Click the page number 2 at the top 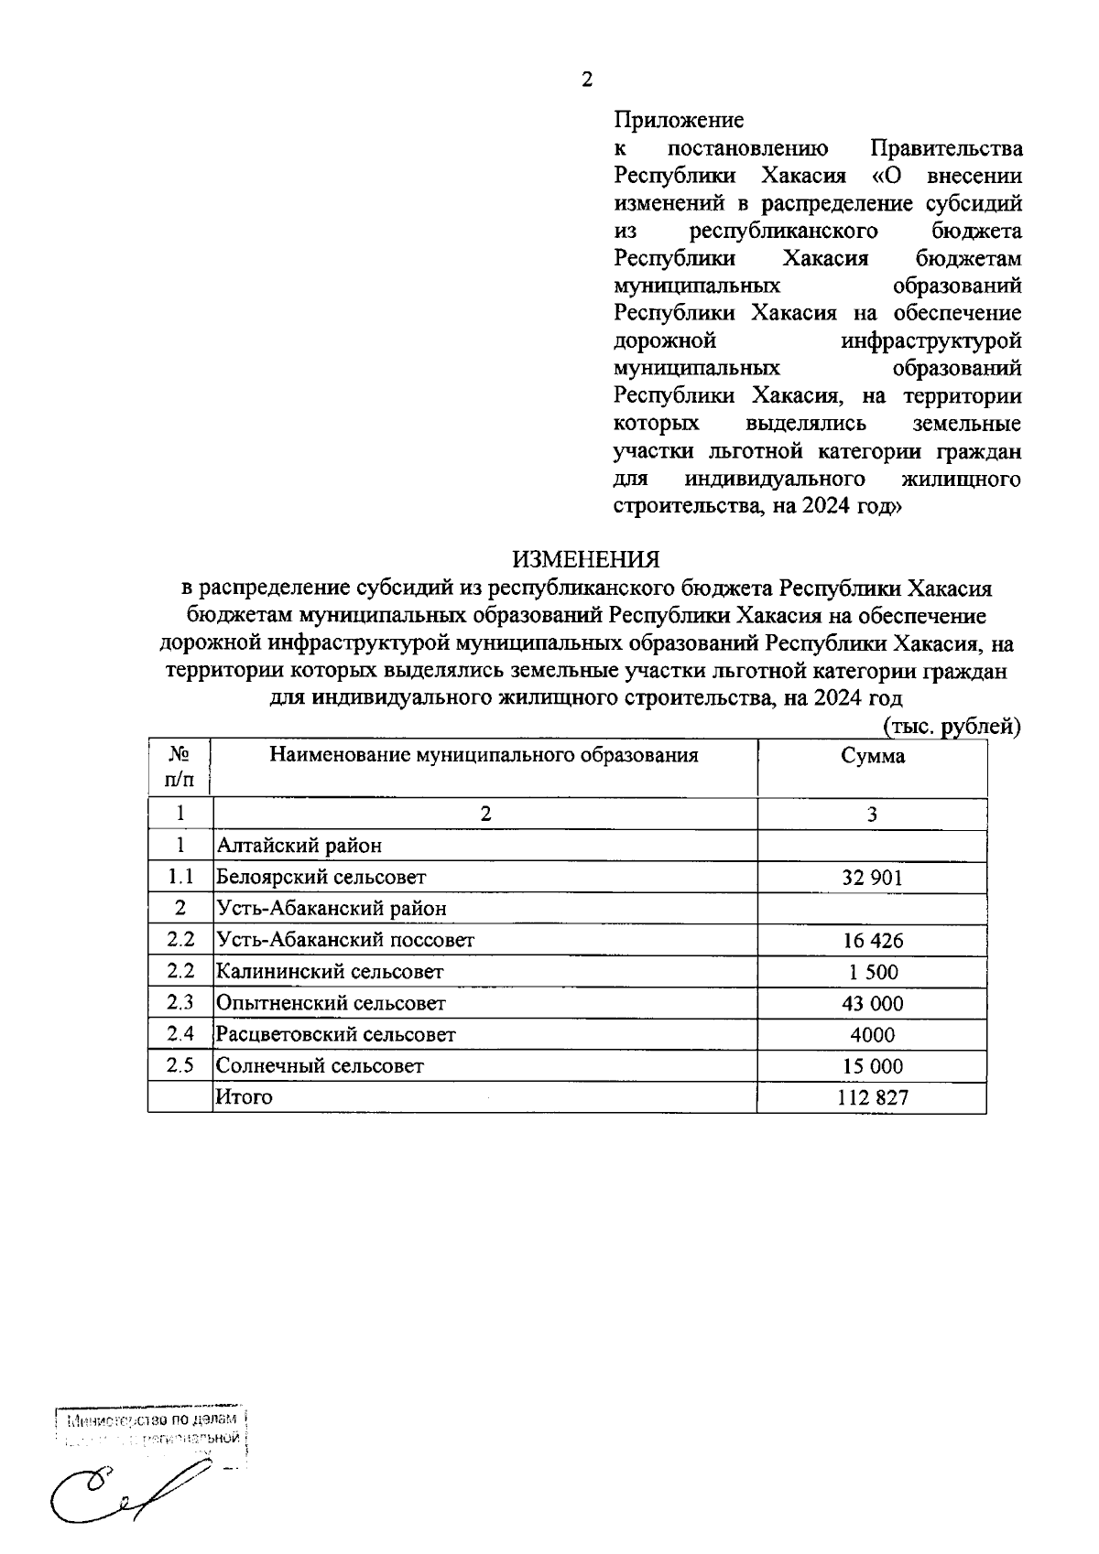click(587, 80)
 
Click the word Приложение click(679, 120)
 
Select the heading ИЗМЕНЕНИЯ click(586, 558)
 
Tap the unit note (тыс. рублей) click(951, 726)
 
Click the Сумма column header click(873, 756)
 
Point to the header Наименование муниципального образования click(484, 755)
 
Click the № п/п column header click(180, 767)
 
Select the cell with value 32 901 click(873, 878)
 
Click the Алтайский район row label click(299, 846)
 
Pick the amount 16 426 click(873, 941)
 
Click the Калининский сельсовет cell click(329, 972)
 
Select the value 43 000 click(873, 1003)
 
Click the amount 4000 click(873, 1035)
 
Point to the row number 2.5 click(180, 1066)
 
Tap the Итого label click(244, 1096)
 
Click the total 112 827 click(873, 1097)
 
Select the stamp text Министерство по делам click(152, 1420)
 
